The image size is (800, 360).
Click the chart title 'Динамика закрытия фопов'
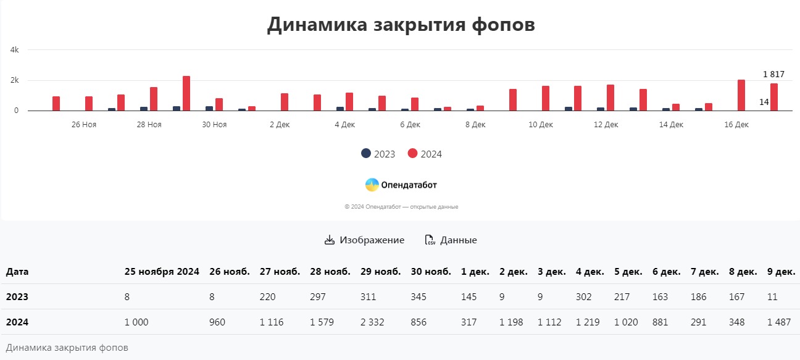(x=401, y=25)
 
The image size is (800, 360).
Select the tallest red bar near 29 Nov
(x=186, y=94)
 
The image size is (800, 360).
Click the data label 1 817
(x=773, y=74)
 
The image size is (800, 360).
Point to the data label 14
(x=764, y=102)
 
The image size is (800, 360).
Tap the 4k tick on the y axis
(x=15, y=50)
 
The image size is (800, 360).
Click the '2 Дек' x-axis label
(x=280, y=125)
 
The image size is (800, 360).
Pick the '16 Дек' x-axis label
(x=736, y=125)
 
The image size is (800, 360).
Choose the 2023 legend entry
(x=378, y=154)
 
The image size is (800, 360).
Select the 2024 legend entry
(x=425, y=154)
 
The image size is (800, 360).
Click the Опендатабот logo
(x=401, y=185)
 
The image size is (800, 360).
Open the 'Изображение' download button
(x=364, y=240)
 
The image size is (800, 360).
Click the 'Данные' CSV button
(x=451, y=240)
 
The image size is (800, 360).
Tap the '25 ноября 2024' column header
(x=162, y=272)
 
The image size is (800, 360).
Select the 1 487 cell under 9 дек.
(x=778, y=322)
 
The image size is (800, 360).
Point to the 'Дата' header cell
(x=17, y=272)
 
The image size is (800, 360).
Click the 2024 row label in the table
(x=17, y=322)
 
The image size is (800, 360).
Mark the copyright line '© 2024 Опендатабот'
(x=401, y=207)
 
